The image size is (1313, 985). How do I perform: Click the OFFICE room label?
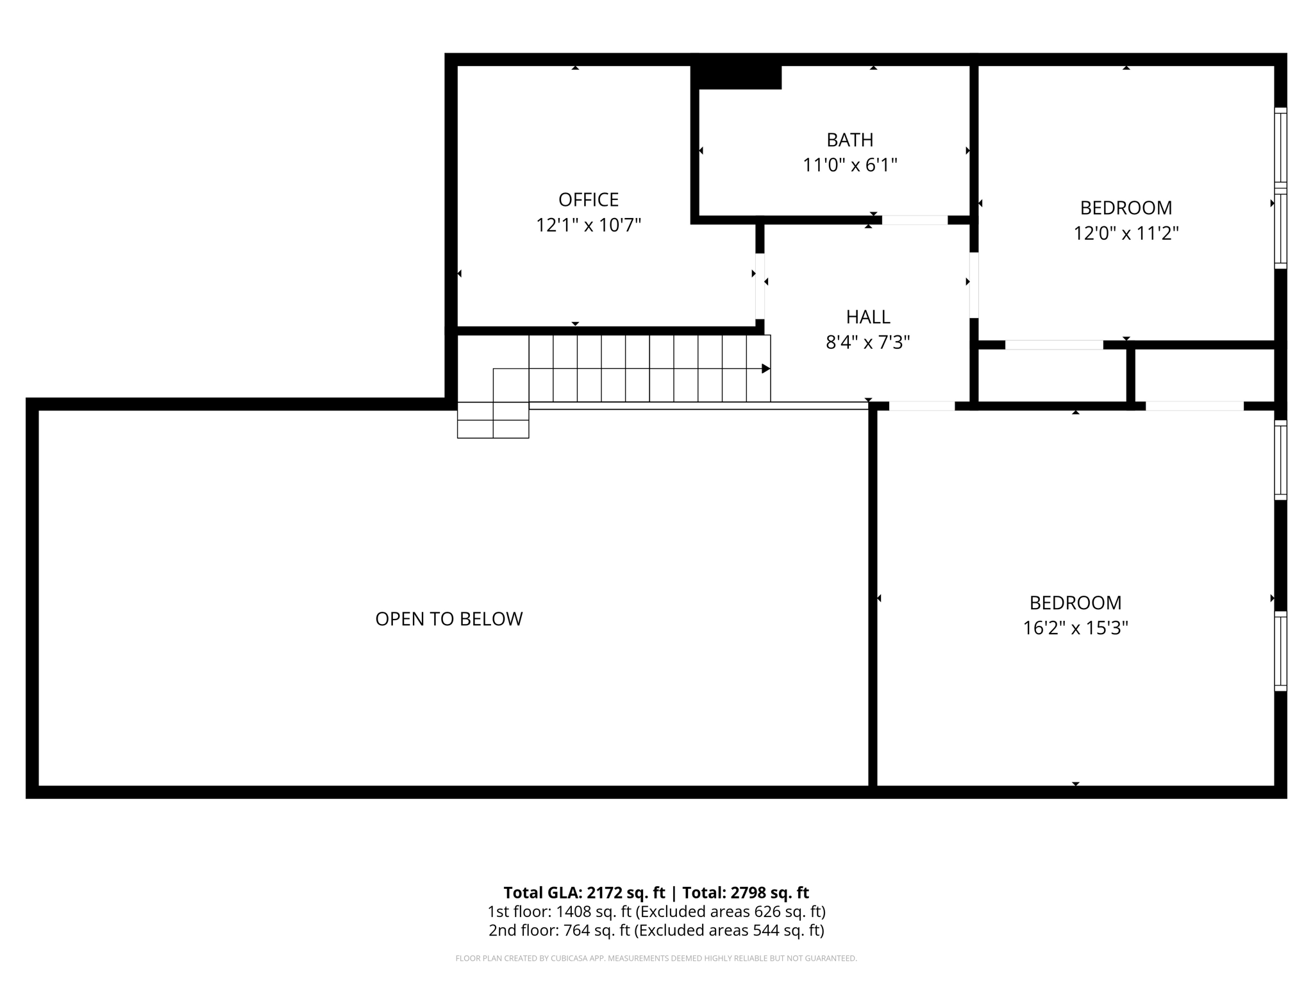pos(589,200)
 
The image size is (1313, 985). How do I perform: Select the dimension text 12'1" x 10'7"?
pos(589,226)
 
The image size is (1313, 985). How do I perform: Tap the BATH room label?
pos(849,140)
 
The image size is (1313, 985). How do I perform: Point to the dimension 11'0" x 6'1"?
pos(849,165)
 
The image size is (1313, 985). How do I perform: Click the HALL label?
pos(867,317)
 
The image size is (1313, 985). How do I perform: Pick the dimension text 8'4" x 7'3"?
pos(867,342)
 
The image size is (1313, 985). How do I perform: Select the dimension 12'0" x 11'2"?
pos(1126,233)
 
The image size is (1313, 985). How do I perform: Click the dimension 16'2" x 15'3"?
pos(1075,628)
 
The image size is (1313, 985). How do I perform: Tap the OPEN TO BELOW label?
pos(449,619)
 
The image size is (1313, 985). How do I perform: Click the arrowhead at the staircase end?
pos(765,369)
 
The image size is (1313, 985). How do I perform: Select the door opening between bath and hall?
pos(915,220)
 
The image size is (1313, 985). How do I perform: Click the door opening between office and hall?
pos(760,286)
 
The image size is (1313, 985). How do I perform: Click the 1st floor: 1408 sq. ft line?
pos(656,911)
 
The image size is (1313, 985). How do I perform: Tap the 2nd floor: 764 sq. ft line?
pos(656,930)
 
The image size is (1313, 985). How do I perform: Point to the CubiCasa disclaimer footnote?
pos(656,958)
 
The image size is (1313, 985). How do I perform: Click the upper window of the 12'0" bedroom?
pos(1280,147)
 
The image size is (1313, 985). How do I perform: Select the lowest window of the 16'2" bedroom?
pos(1280,651)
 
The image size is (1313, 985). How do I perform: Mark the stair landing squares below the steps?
pos(493,420)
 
